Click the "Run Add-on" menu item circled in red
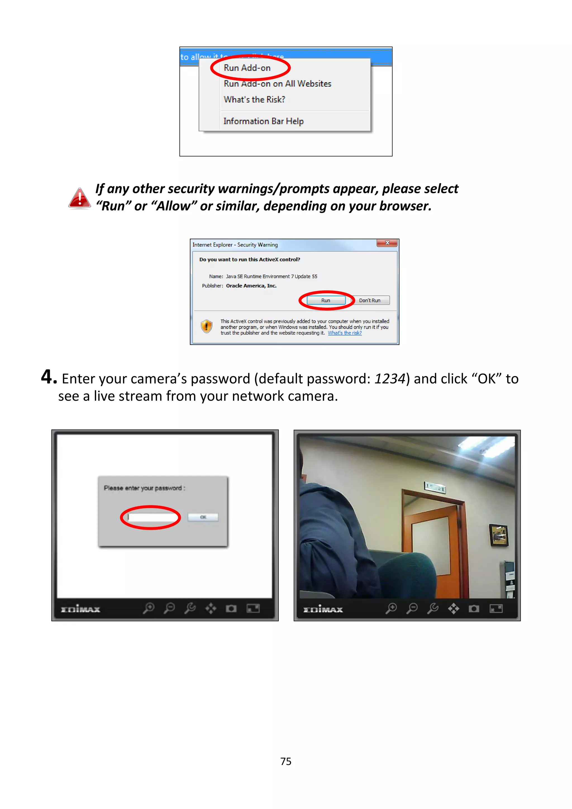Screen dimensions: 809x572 247,68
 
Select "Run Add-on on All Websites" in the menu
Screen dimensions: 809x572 277,84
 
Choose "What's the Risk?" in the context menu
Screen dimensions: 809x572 254,100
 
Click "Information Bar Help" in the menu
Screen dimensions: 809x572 263,121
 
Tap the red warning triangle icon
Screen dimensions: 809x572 80,198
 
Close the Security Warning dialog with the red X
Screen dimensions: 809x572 387,243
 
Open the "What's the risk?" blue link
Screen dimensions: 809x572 344,333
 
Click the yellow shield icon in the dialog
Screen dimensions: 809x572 206,326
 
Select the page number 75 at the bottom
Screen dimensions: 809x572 286,762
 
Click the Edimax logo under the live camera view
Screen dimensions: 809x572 323,609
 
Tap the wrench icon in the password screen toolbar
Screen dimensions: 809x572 190,608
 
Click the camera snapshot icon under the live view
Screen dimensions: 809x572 474,608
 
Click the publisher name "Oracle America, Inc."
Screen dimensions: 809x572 251,286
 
